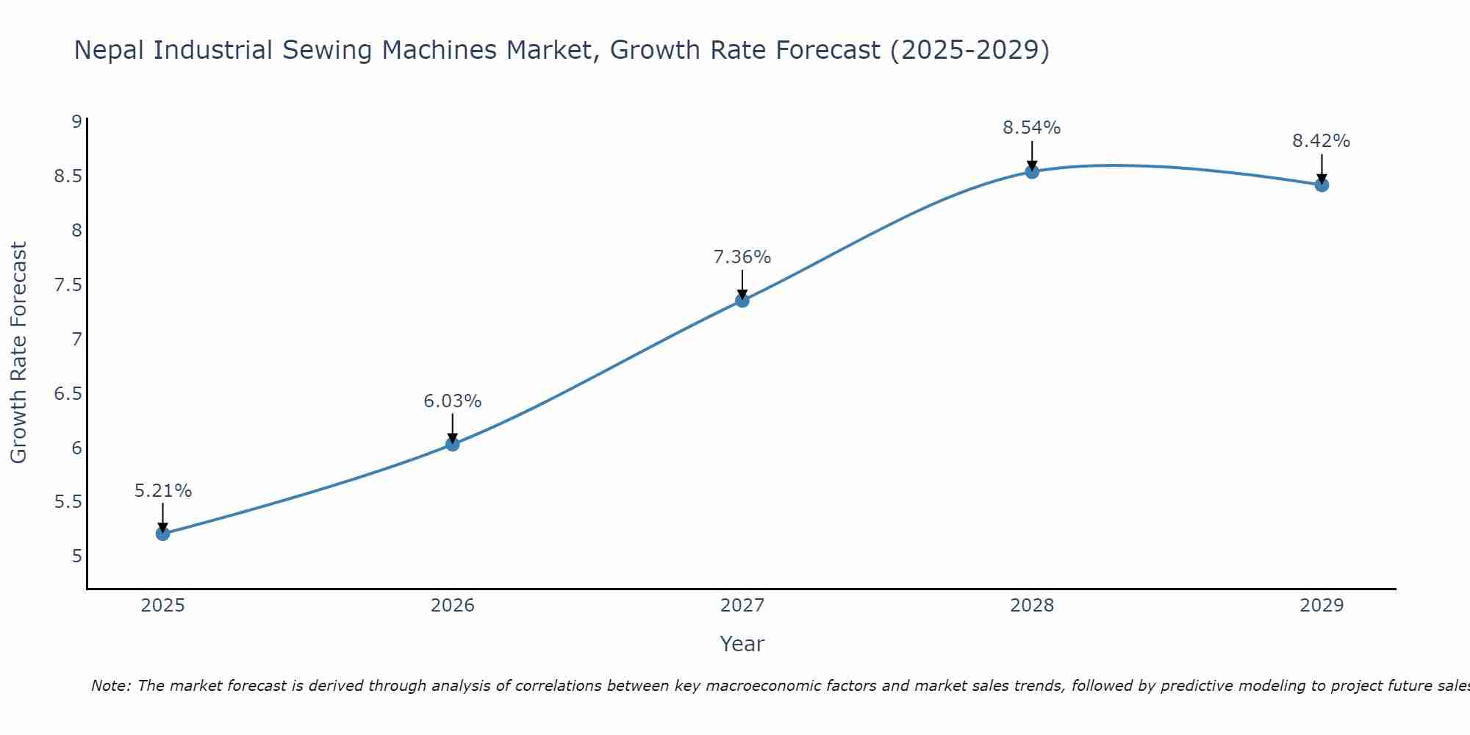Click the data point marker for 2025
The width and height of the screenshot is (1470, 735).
tap(162, 534)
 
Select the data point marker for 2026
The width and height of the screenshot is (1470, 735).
tap(452, 444)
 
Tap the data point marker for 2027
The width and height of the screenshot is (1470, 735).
tap(742, 300)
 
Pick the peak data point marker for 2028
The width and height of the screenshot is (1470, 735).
tap(1031, 171)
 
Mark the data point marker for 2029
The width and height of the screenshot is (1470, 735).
tap(1321, 184)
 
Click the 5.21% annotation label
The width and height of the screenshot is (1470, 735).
tap(162, 491)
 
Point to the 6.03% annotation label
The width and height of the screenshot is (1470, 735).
tap(452, 401)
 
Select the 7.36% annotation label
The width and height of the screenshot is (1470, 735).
tap(742, 257)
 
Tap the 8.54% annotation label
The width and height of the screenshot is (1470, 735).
tap(1031, 128)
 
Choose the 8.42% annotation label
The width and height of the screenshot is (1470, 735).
tap(1321, 141)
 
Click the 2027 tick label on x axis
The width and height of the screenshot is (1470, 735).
tap(742, 606)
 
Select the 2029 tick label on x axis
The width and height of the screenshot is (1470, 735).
tap(1321, 606)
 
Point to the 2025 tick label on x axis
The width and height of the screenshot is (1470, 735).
tap(162, 606)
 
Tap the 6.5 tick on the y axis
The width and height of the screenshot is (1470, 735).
tap(68, 394)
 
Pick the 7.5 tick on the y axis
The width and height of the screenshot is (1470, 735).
tap(68, 285)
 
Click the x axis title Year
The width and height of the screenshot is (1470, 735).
tap(742, 645)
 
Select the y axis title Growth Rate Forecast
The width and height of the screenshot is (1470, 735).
tap(18, 353)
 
